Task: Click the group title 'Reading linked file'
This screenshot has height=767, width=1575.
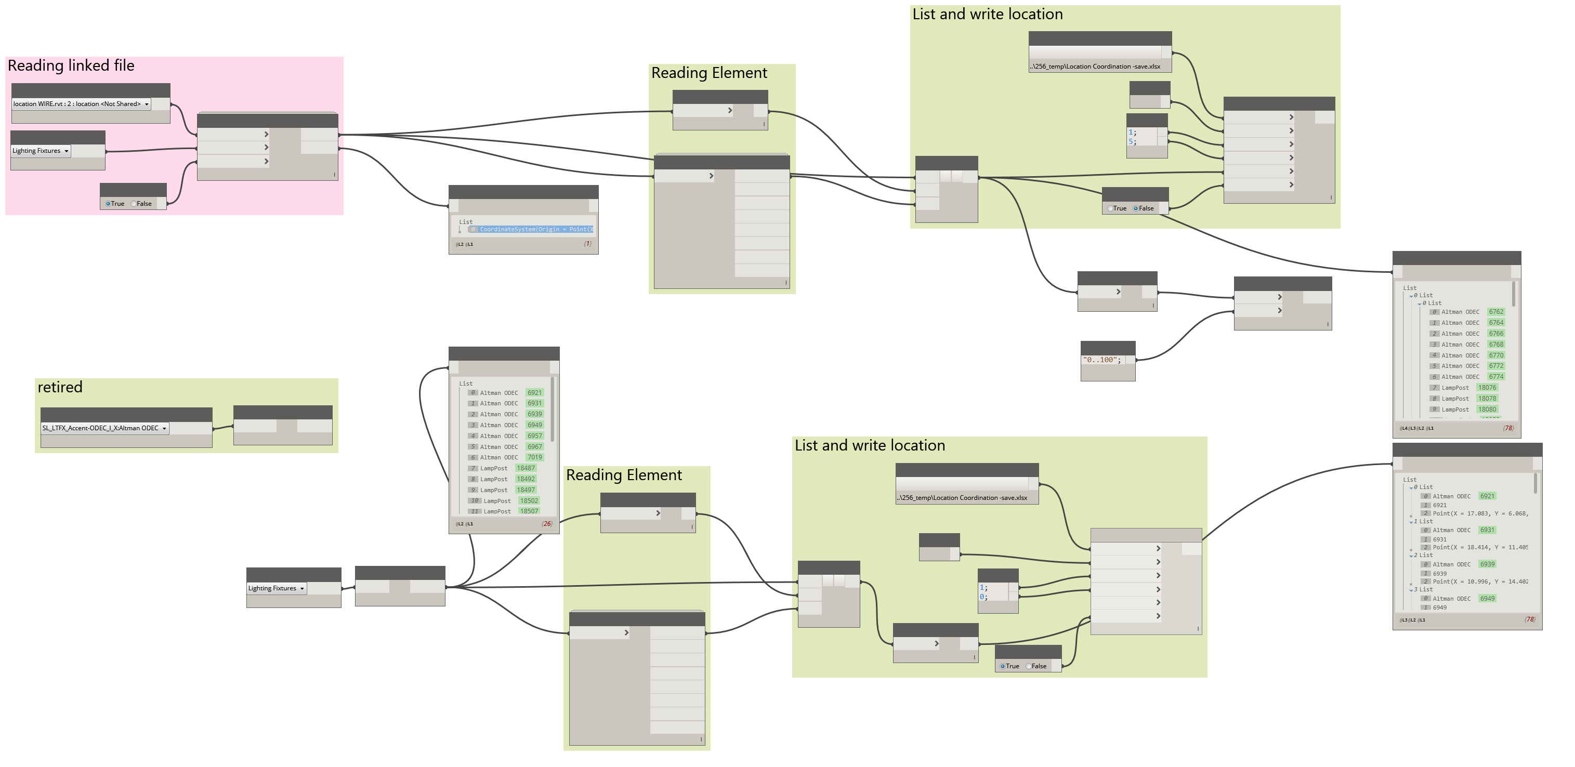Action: click(71, 65)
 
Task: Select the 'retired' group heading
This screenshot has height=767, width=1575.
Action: click(60, 387)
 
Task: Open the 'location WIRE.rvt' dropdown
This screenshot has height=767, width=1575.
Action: click(81, 104)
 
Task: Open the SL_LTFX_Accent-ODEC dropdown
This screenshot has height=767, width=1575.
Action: click(104, 428)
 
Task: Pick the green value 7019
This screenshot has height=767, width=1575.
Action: click(534, 457)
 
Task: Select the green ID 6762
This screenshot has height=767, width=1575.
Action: click(1495, 312)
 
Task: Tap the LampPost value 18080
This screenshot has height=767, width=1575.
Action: click(1487, 409)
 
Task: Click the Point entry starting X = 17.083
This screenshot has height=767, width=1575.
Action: click(1480, 513)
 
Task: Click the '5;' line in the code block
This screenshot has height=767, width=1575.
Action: click(1132, 142)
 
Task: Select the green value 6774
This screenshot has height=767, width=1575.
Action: click(1495, 376)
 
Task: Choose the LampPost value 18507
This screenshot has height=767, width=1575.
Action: click(529, 511)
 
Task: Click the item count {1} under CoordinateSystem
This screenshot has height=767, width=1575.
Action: click(587, 244)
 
